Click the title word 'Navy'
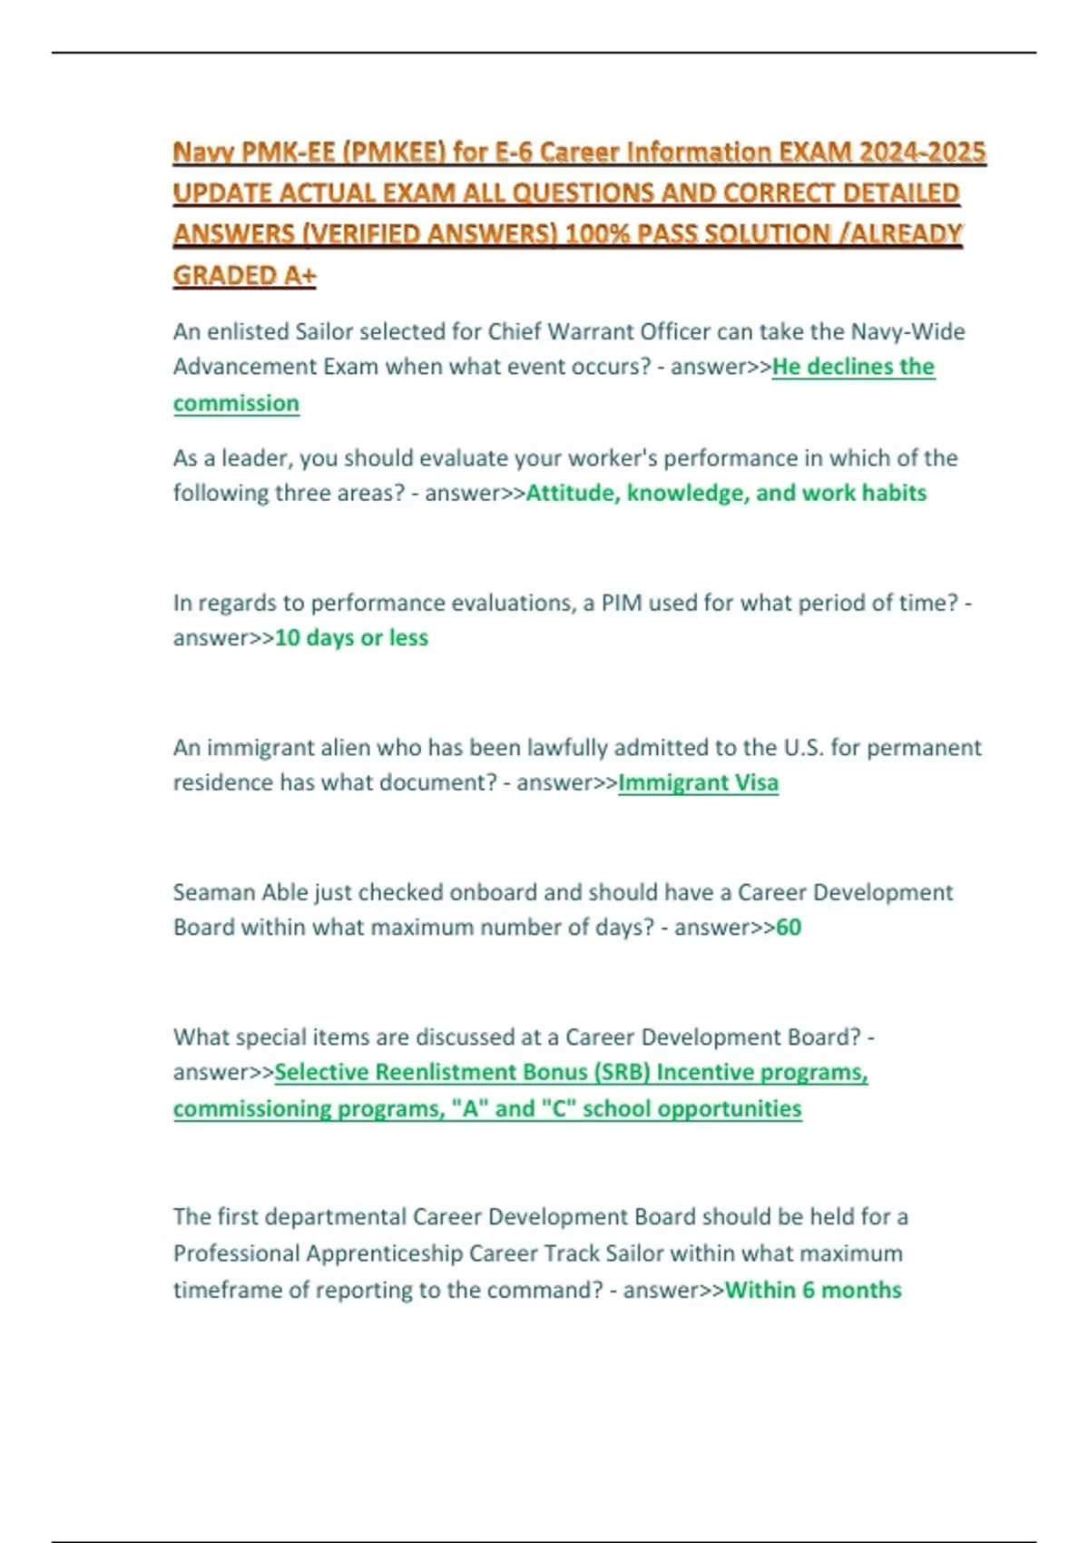pyautogui.click(x=201, y=152)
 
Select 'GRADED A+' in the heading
pyautogui.click(x=244, y=275)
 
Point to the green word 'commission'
pyautogui.click(x=236, y=403)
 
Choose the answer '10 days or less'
pyautogui.click(x=351, y=638)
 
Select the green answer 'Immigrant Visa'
pyautogui.click(x=698, y=782)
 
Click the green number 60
pyautogui.click(x=789, y=928)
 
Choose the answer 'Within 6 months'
pyautogui.click(x=813, y=1290)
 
